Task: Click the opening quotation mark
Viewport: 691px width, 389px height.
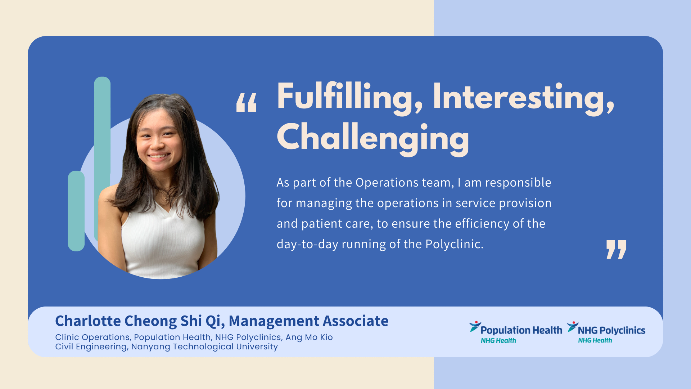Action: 247,103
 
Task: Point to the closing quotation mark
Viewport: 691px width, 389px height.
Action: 616,249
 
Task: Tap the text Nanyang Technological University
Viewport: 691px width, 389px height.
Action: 204,346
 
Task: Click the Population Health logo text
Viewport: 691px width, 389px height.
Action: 521,330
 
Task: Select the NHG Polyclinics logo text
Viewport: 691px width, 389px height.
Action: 611,330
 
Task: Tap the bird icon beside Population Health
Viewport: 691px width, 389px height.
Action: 475,326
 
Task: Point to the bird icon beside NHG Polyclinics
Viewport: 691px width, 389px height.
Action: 573,326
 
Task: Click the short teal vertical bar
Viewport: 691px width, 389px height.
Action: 76,211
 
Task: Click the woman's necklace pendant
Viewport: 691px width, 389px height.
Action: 166,198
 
